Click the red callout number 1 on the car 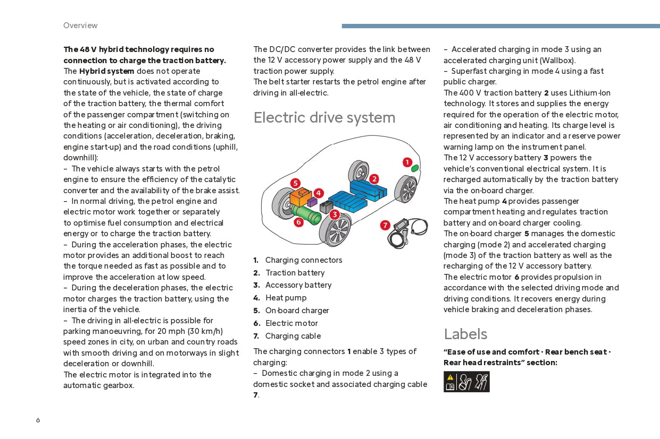pyautogui.click(x=407, y=162)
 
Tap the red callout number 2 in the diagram pyautogui.click(x=374, y=179)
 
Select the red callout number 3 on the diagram pyautogui.click(x=335, y=214)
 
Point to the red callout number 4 pyautogui.click(x=319, y=193)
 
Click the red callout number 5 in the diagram pyautogui.click(x=295, y=183)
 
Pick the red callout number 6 pyautogui.click(x=299, y=222)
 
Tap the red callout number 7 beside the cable pyautogui.click(x=385, y=225)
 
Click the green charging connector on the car pyautogui.click(x=415, y=168)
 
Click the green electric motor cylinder pyautogui.click(x=307, y=216)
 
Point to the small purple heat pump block pyautogui.click(x=312, y=202)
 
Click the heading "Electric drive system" pyautogui.click(x=324, y=117)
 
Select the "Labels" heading pyautogui.click(x=465, y=334)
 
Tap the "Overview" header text pyautogui.click(x=80, y=25)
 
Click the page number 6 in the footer pyautogui.click(x=38, y=420)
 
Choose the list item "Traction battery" pyautogui.click(x=295, y=273)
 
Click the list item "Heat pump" pyautogui.click(x=286, y=298)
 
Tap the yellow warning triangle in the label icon pyautogui.click(x=450, y=377)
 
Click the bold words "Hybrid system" pyautogui.click(x=106, y=71)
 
